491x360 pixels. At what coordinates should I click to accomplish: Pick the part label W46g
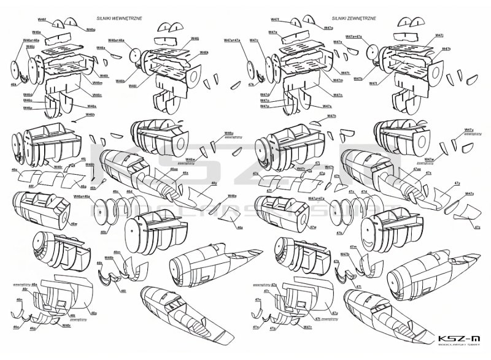[90, 29]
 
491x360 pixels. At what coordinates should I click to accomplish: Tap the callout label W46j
[195, 38]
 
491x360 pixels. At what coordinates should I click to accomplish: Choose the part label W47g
[328, 28]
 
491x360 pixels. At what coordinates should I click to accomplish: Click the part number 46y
[214, 183]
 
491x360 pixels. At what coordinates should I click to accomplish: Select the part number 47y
[457, 183]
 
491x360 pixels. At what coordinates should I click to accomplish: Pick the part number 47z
[477, 227]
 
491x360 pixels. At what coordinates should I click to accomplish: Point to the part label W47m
[338, 81]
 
